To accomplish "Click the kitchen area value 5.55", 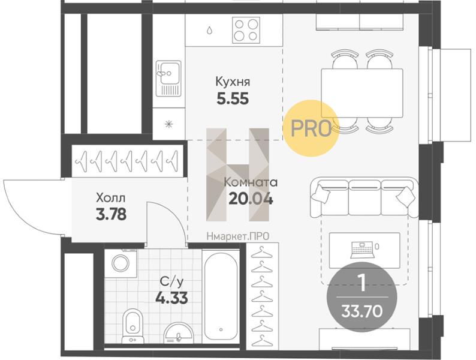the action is [233, 98].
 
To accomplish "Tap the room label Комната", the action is [251, 182].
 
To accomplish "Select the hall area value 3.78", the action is [111, 214].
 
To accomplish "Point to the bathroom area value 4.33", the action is [171, 298].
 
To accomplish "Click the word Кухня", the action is [233, 82].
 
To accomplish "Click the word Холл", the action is [110, 199].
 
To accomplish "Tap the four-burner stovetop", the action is [246, 30].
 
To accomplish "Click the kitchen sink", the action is [168, 79].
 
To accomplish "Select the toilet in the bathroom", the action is [132, 326].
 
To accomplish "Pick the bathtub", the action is [221, 296].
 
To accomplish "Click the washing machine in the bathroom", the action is [120, 263].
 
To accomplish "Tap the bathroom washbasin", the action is [178, 333].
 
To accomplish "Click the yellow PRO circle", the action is [311, 128].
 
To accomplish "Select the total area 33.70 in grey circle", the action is [362, 311].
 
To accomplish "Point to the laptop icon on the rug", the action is [362, 250].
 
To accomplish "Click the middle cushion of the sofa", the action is [364, 197].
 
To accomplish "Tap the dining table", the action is [362, 93].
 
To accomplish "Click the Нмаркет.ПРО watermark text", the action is [237, 236].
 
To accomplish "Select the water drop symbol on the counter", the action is [209, 31].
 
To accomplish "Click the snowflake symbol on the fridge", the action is [169, 124].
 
